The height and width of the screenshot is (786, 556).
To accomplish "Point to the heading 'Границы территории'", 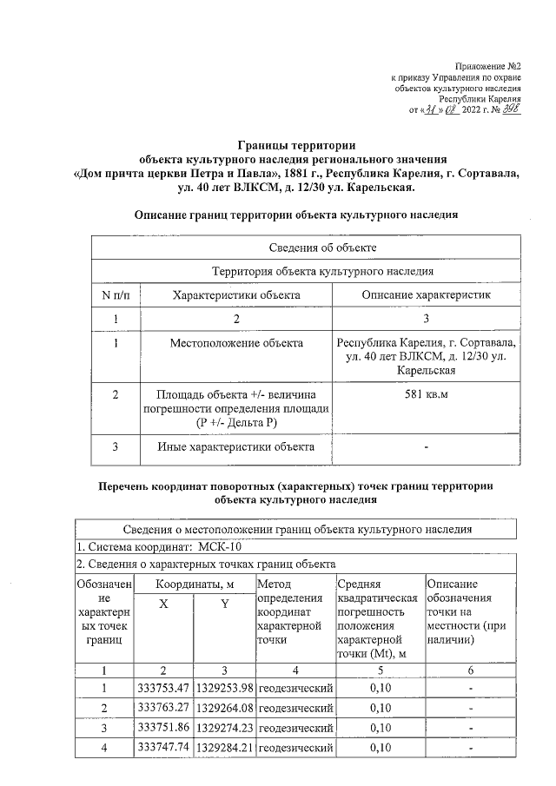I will point(297,145).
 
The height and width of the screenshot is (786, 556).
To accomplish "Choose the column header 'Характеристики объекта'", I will point(236,295).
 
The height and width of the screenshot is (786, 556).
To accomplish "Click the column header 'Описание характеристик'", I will point(426,295).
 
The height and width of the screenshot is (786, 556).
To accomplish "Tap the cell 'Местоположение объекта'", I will point(236,343).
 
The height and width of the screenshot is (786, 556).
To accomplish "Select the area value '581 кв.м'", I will point(426,394).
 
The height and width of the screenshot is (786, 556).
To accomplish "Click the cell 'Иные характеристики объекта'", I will point(236,447).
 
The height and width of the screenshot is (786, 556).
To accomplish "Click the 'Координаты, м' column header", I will point(193,585).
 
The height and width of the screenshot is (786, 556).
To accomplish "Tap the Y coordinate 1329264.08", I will point(223,708).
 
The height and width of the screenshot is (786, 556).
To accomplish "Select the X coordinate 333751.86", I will point(163,727).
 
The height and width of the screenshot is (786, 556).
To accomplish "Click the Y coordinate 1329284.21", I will point(223,746).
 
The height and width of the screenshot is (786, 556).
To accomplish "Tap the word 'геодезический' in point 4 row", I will point(295,746).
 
